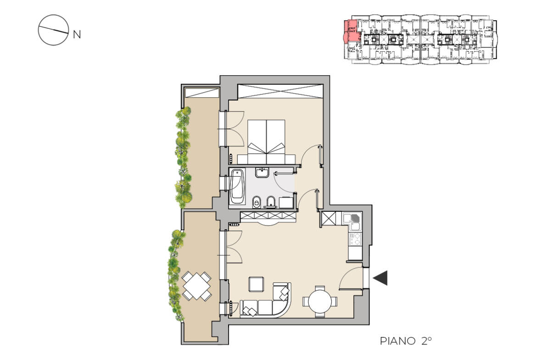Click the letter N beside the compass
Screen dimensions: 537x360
77,34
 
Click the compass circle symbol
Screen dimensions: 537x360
53,30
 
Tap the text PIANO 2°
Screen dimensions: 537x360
405,341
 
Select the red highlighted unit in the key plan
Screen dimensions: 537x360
352,32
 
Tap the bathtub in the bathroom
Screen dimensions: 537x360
237,187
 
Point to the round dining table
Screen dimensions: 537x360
320,301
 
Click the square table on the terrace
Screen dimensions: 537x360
196,286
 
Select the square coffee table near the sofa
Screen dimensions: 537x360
256,284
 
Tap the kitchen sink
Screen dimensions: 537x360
352,218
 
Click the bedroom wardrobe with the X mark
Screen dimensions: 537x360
280,91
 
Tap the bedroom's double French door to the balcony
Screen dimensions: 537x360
231,129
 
